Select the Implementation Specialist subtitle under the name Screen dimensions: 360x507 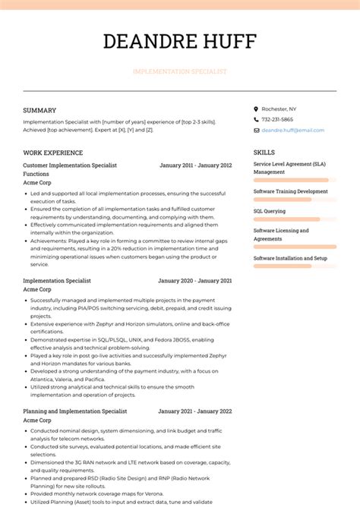179,71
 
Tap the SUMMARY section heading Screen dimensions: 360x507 39,110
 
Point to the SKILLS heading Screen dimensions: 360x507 264,153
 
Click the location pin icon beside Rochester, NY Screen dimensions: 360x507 256,109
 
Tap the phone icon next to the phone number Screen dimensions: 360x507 256,119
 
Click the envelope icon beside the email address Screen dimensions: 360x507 256,130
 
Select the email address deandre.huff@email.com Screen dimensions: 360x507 292,130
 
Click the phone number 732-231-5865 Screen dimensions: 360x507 277,119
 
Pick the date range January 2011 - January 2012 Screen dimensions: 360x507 195,165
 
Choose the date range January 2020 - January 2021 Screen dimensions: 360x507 195,281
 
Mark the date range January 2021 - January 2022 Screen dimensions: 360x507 195,411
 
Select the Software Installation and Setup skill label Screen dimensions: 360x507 290,258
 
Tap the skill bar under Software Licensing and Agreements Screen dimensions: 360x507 295,247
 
